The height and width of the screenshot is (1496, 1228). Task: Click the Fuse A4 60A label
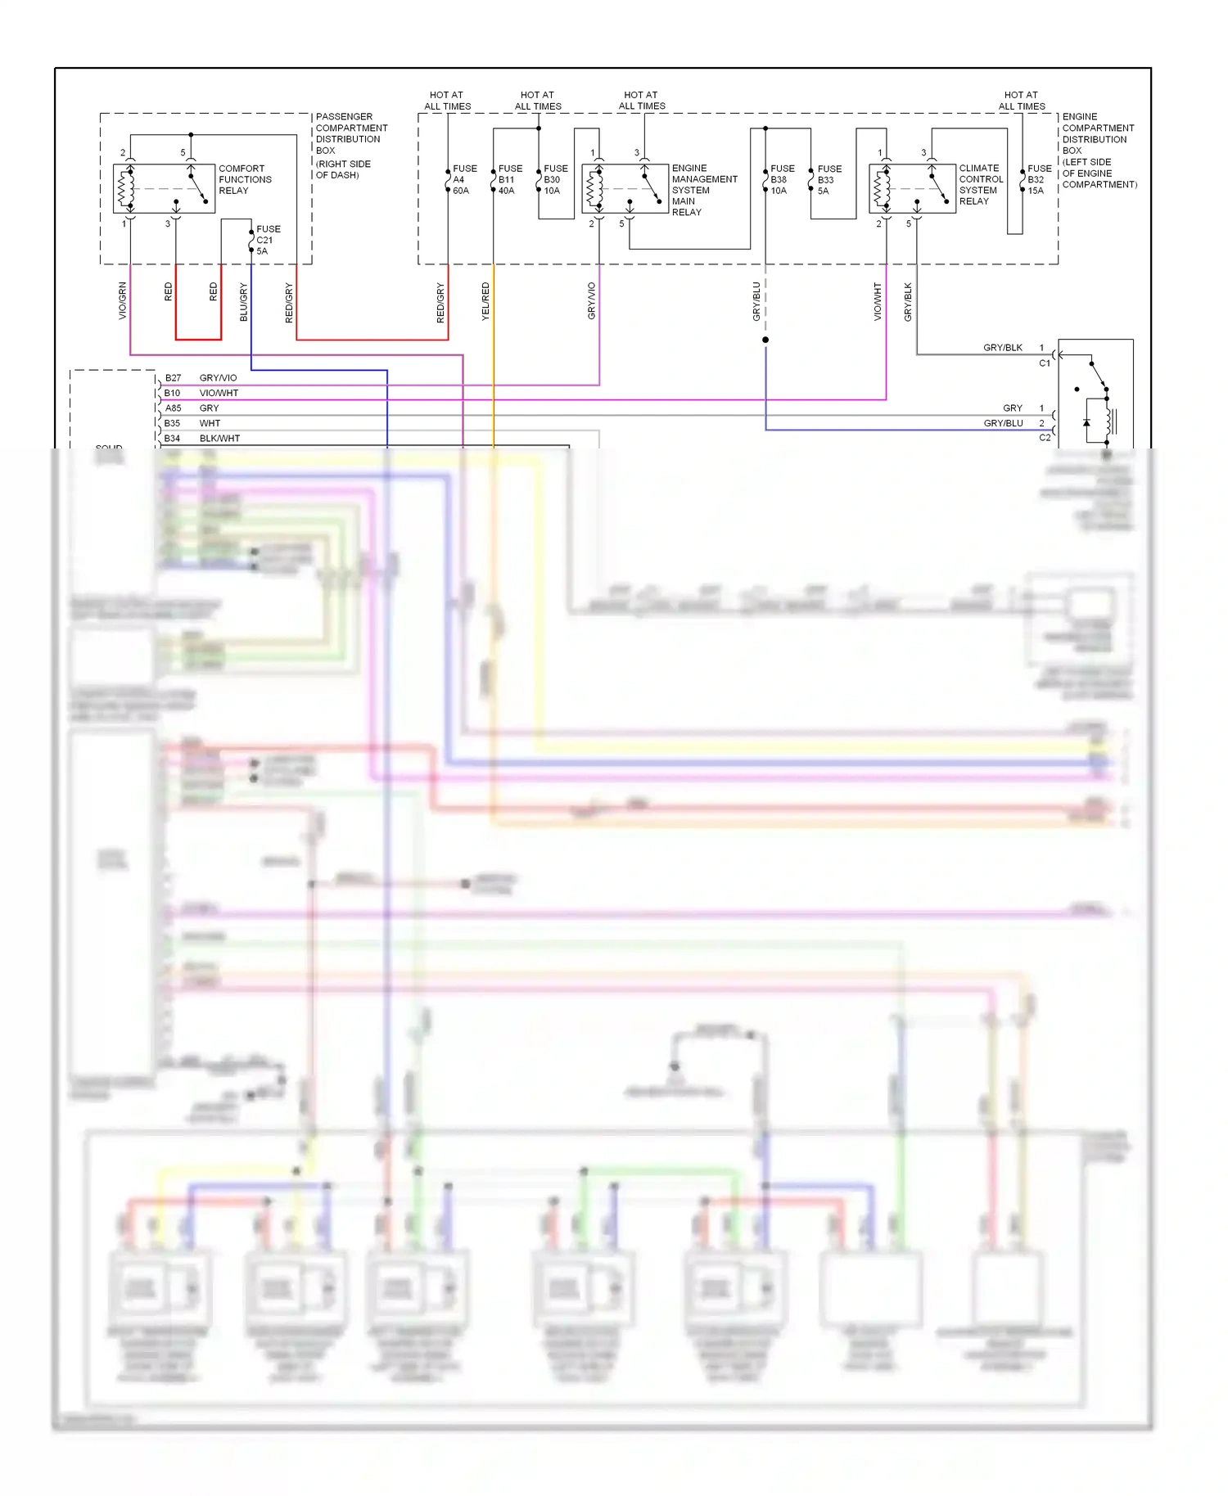[463, 179]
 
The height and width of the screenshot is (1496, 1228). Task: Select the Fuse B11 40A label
[509, 179]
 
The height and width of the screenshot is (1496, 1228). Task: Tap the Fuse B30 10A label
[555, 179]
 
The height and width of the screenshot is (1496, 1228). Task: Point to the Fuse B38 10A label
[781, 179]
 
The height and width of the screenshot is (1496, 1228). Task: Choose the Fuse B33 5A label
[828, 179]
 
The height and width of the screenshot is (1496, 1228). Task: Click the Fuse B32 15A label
[1038, 179]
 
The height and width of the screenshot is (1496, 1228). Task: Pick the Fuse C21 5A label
[267, 240]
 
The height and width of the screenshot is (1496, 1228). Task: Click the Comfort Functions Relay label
[244, 179]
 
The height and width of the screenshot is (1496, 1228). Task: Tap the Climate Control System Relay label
[980, 184]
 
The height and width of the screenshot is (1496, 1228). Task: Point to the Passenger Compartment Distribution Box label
[350, 145]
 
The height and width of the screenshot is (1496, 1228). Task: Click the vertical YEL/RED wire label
[485, 300]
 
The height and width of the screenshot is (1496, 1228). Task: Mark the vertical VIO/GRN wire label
[123, 300]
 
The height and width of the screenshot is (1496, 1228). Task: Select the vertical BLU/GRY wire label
[243, 301]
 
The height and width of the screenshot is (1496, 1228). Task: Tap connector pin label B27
[173, 378]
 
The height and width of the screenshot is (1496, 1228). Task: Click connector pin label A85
[173, 408]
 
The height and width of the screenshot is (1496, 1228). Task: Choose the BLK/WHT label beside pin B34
[219, 439]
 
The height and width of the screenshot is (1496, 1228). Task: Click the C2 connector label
[1045, 438]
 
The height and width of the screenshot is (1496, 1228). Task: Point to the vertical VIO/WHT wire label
[878, 301]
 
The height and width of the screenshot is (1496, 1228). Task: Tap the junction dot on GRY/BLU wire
[765, 340]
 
